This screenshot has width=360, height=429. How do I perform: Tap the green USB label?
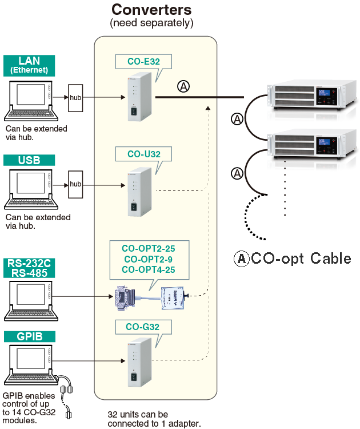[x=29, y=161]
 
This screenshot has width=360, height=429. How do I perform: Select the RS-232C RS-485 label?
[x=29, y=268]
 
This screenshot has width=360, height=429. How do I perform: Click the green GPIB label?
[x=29, y=336]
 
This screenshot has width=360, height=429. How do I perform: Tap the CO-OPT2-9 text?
[x=149, y=259]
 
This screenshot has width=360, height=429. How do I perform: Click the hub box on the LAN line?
[x=76, y=98]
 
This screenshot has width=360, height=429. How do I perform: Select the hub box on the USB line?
[x=76, y=184]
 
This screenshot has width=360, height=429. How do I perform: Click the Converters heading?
[x=151, y=10]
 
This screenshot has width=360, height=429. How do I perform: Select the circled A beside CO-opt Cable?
[x=242, y=259]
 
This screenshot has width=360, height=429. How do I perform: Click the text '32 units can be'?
[x=138, y=414]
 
